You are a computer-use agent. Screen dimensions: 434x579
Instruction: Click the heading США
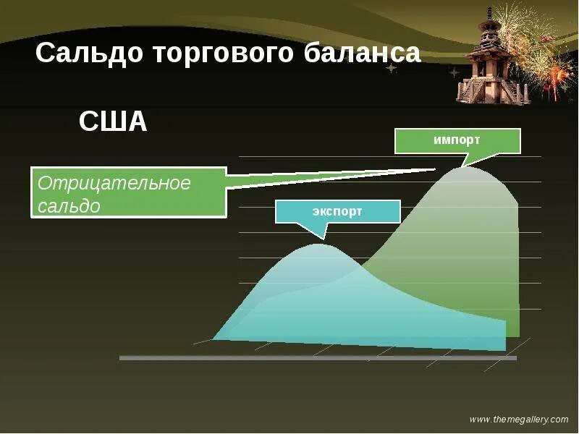pyautogui.click(x=112, y=122)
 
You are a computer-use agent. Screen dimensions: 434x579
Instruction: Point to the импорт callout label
pyautogui.click(x=457, y=140)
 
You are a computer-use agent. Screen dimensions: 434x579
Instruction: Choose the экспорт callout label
pyautogui.click(x=337, y=211)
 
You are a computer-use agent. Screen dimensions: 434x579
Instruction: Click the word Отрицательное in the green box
pyautogui.click(x=114, y=183)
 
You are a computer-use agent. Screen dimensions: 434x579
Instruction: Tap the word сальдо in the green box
pyautogui.click(x=68, y=205)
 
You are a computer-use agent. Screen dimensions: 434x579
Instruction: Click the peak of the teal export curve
pyautogui.click(x=318, y=244)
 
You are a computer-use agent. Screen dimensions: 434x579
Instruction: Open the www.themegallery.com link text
pyautogui.click(x=519, y=420)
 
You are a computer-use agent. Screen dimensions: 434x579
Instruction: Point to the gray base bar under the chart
pyautogui.click(x=318, y=357)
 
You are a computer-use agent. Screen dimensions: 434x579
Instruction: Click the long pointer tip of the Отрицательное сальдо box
pyautogui.click(x=434, y=169)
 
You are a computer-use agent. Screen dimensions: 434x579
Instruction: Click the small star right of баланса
pyautogui.click(x=392, y=68)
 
